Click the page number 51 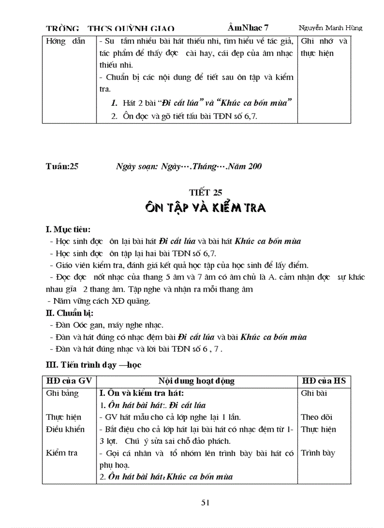(205, 502)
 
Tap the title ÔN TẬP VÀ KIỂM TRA (205, 207)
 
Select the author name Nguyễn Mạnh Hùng (330, 28)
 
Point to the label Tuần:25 (62, 166)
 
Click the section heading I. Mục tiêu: (68, 230)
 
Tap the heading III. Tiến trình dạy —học (94, 364)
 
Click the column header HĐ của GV (67, 381)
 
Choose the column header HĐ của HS (324, 381)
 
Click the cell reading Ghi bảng (63, 393)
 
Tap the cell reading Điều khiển (65, 429)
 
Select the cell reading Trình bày (318, 453)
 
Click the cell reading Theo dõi (316, 417)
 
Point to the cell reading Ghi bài (313, 393)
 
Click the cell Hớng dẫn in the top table (65, 41)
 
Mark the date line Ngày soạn (189, 166)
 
